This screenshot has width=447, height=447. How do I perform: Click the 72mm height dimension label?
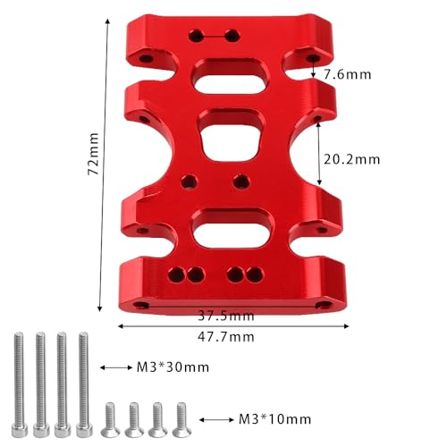(93, 154)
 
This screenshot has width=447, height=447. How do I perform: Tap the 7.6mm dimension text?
(348, 74)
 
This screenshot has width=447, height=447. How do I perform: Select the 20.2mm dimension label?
(352, 160)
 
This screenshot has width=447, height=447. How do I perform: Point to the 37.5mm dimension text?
(226, 316)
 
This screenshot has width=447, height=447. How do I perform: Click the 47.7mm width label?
(226, 337)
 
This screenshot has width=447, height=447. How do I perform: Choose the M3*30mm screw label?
(173, 367)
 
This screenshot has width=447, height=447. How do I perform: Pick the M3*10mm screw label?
(275, 419)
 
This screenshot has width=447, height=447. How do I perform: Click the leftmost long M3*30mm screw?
(19, 384)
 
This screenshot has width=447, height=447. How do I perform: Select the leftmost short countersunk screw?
(110, 419)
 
